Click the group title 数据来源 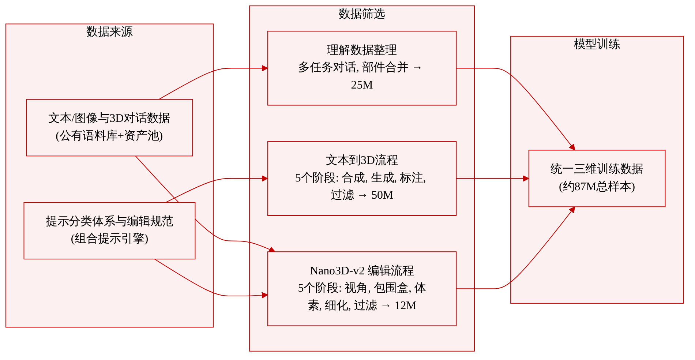coord(109,32)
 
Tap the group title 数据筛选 coord(362,14)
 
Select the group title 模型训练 coord(597,44)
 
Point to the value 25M coord(362,85)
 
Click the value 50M coord(382,195)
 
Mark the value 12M coord(405,305)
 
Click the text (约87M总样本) coord(597,187)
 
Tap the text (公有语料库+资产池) coord(109,136)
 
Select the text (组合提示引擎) coord(109,239)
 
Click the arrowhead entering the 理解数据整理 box coord(265,68)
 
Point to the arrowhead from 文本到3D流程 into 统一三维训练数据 coord(526,179)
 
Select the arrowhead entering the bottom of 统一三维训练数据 coord(572,210)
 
